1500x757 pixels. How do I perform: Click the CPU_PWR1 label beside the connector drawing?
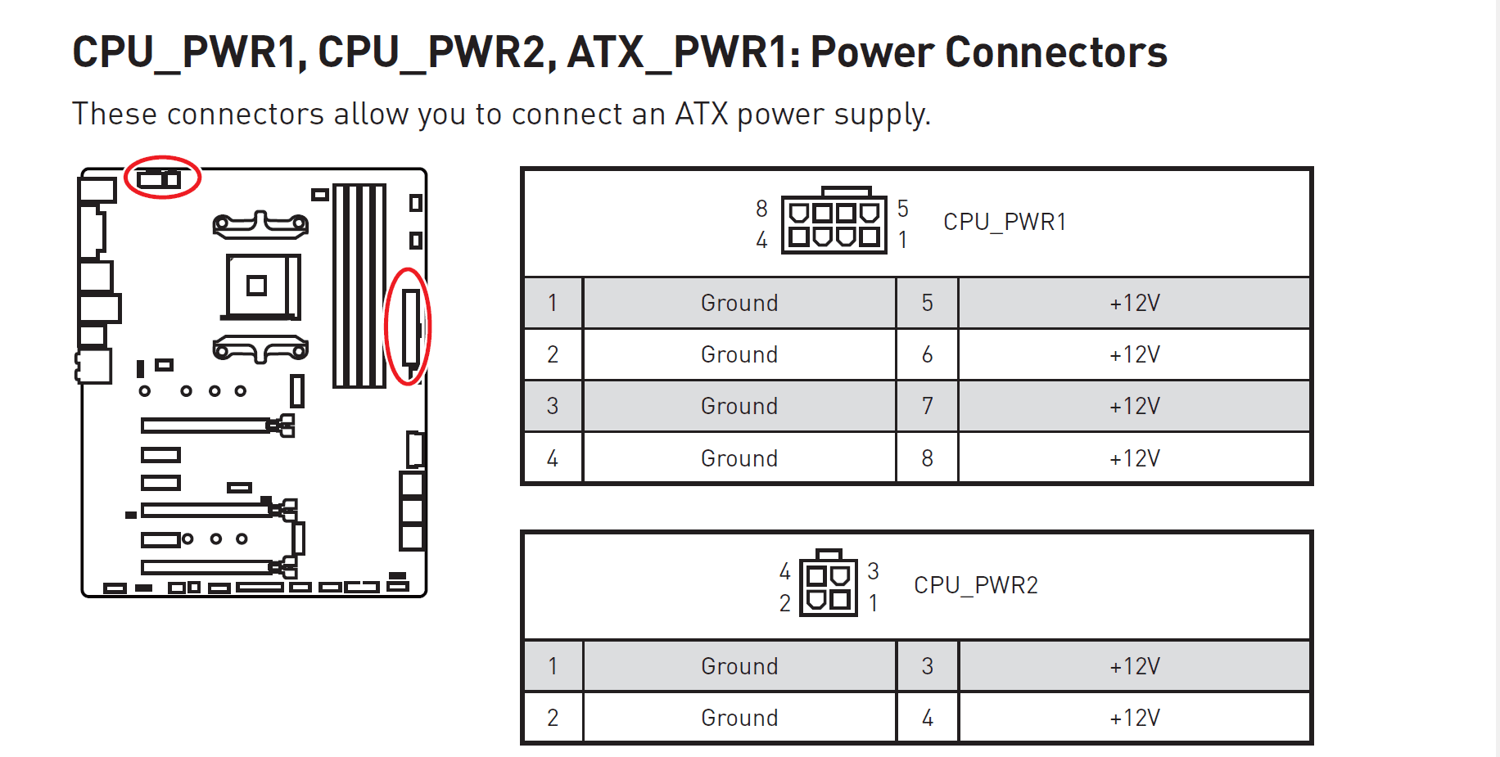tap(1004, 222)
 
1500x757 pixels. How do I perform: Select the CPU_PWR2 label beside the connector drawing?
tap(975, 585)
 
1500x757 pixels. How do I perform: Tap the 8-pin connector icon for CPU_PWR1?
tap(834, 223)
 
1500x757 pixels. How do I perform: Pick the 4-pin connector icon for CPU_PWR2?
tap(828, 585)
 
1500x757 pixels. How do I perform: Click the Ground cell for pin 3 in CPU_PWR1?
tap(739, 406)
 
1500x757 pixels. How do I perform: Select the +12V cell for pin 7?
tap(1134, 406)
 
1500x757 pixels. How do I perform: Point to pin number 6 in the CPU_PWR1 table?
tap(927, 354)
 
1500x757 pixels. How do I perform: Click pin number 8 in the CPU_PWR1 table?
tap(927, 458)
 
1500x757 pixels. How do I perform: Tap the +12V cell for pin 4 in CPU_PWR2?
tap(1134, 718)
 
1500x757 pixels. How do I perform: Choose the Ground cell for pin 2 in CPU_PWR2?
tap(739, 718)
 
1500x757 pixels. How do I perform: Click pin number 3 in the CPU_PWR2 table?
tap(927, 666)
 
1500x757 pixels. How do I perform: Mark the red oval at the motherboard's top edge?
tap(162, 177)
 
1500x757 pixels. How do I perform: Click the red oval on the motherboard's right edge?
tap(408, 326)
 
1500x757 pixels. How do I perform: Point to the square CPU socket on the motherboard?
tap(260, 286)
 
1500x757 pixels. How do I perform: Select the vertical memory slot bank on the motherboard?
tap(359, 286)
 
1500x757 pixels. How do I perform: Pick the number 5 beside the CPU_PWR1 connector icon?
tap(902, 208)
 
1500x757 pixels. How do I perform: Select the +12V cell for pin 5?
tap(1134, 303)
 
